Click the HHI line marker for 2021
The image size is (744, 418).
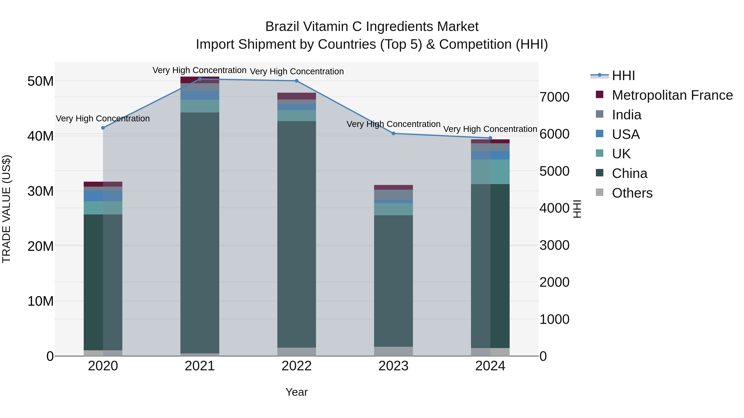200,79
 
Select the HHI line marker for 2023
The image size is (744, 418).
393,134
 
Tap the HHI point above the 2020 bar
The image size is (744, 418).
103,128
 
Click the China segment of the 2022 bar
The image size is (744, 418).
297,234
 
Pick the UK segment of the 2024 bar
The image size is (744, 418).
490,172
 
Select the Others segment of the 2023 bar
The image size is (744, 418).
393,351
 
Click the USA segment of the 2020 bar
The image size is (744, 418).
103,196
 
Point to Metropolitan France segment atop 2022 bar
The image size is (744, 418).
297,96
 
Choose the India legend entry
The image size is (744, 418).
626,115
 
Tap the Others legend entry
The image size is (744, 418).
632,193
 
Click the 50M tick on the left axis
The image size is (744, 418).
41,81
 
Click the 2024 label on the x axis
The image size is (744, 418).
490,366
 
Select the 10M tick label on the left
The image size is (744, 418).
41,301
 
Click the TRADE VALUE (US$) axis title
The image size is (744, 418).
6,209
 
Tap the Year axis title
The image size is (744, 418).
296,392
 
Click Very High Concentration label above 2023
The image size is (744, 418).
393,124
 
